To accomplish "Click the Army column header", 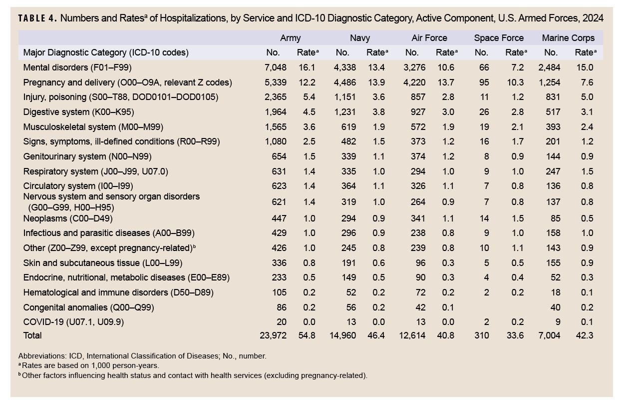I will point(290,38).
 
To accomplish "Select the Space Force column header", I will point(499,38).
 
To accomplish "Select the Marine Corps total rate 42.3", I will point(584,335).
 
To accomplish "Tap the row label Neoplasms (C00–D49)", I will point(68,218).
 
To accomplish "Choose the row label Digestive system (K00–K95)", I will point(79,112).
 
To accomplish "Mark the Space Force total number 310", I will point(481,335).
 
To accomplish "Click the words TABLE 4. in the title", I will point(37,18).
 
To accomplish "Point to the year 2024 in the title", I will point(593,18).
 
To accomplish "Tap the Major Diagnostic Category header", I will point(106,52).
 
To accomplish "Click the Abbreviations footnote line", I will point(142,356).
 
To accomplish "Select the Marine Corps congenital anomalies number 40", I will point(555,307).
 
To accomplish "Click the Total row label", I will point(32,335).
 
